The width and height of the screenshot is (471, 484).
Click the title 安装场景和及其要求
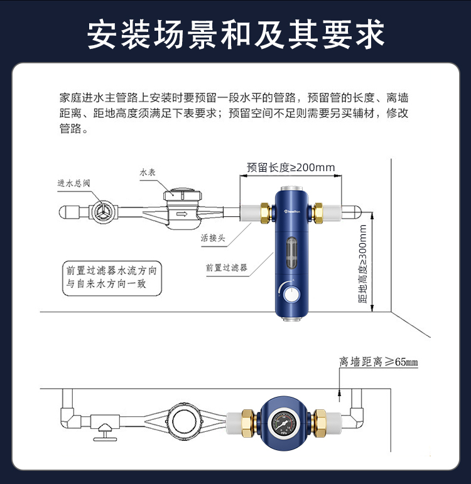coord(235,34)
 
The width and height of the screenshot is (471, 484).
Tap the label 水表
coord(148,172)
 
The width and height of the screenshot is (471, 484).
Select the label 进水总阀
coord(74,183)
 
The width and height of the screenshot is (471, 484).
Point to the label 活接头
coord(213,238)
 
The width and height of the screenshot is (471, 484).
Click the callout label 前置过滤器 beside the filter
coord(227,267)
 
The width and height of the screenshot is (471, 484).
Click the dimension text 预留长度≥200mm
coord(291,167)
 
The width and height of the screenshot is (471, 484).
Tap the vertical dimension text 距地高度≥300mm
coord(362,264)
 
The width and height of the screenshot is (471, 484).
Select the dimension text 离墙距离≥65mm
coord(379,362)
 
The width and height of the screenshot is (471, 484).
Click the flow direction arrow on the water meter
coord(181,214)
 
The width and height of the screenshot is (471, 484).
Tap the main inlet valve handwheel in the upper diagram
coord(102,212)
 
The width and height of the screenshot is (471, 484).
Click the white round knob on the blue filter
coord(291,294)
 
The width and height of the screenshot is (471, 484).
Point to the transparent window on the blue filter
coord(291,252)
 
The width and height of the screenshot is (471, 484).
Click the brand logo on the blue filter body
coord(292,211)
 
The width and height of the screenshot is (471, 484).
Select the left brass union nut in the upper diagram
coord(266,213)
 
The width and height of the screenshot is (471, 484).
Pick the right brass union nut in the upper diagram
coord(318,213)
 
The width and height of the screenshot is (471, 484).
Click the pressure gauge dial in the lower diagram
coord(284,424)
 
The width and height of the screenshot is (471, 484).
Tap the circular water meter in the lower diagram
coord(185,421)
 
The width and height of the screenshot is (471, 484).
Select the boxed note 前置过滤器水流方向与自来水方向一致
coord(112,278)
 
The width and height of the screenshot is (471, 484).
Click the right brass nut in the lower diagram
coord(319,424)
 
